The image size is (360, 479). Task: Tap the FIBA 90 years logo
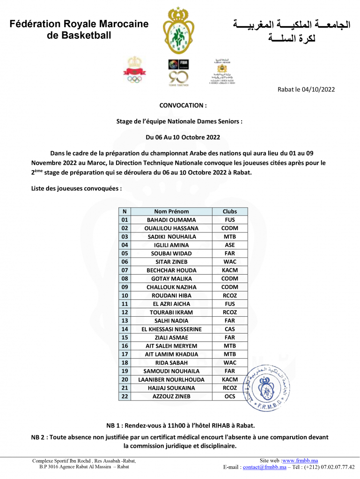pyautogui.click(x=178, y=72)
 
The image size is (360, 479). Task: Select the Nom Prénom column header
pyautogui.click(x=171, y=211)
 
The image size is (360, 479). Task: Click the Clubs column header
pyautogui.click(x=230, y=211)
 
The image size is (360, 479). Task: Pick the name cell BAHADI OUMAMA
pyautogui.click(x=171, y=220)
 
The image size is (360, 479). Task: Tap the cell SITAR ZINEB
pyautogui.click(x=171, y=262)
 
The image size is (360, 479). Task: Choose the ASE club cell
pyautogui.click(x=230, y=245)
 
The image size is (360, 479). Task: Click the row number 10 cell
pyautogui.click(x=125, y=296)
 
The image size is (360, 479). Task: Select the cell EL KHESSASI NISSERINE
pyautogui.click(x=171, y=329)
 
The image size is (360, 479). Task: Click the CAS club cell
pyautogui.click(x=230, y=329)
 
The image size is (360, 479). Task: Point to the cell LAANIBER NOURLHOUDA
pyautogui.click(x=171, y=380)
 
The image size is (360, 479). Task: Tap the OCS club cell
pyautogui.click(x=230, y=397)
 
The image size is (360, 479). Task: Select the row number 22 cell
pyautogui.click(x=125, y=397)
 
